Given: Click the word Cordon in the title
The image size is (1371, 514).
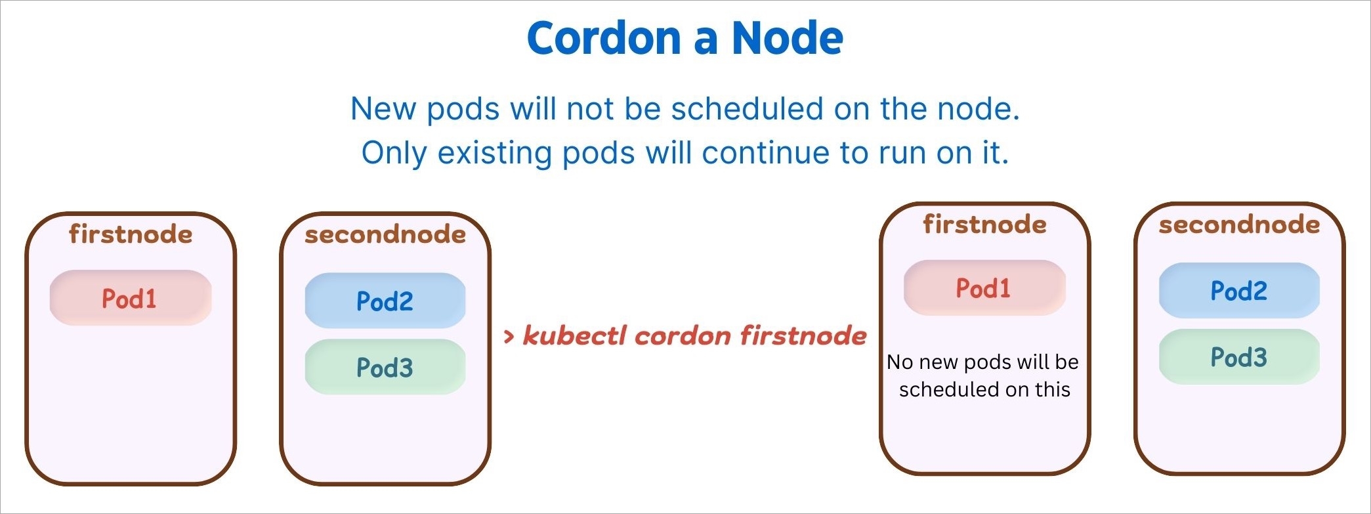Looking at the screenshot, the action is point(604,37).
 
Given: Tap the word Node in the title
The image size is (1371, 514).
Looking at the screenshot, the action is point(788,37).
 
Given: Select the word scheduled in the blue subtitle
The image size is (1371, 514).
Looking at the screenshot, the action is point(747,108).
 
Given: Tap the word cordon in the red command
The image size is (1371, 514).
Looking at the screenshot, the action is point(683,336).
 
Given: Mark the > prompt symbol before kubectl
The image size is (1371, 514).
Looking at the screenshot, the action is point(509,337).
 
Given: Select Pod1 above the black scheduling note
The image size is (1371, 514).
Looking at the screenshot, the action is point(983,288).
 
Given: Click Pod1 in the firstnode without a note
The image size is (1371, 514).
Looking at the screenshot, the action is point(129,299).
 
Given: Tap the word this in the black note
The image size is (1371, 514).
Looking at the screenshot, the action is point(1053,389).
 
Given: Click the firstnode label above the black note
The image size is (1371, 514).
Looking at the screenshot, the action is point(985,225).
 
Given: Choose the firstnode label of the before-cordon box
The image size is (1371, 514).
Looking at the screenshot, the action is point(131,234).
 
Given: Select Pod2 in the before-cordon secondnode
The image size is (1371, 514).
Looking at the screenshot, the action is point(385,301).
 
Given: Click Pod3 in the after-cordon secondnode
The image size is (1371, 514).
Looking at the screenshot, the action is point(1239,357).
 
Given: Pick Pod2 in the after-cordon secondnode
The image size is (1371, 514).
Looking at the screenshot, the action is point(1239,291).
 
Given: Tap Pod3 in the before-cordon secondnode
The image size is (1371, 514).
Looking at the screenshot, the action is point(385,368).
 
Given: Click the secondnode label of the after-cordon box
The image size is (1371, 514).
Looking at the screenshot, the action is point(1239,225).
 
